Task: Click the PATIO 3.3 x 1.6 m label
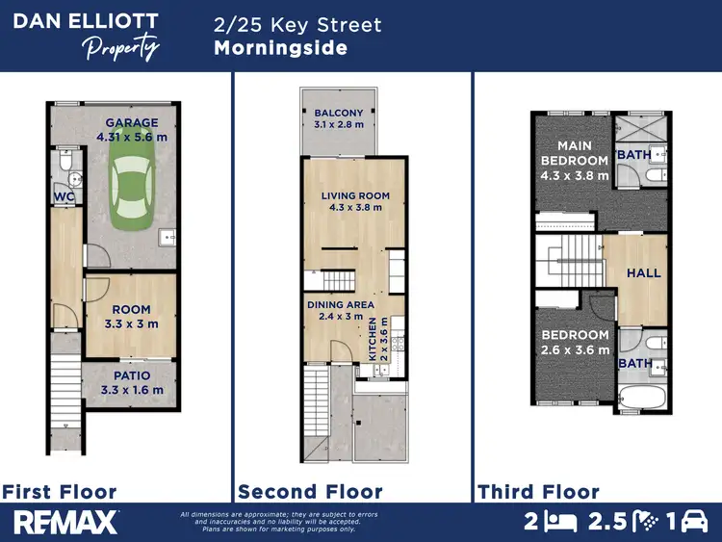tap(132, 382)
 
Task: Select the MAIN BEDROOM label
tap(574, 161)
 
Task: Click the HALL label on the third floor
tap(643, 273)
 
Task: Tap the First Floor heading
tap(60, 492)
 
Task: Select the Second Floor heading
tap(310, 492)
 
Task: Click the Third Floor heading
tap(538, 492)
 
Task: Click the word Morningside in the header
tap(280, 48)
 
